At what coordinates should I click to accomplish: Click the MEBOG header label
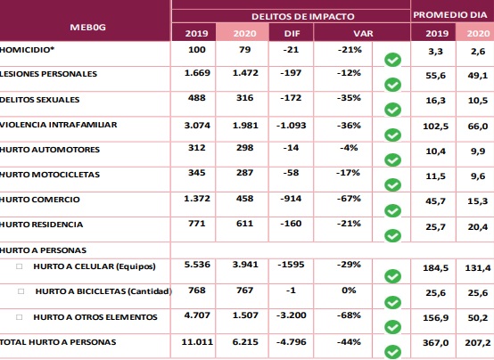click(87, 28)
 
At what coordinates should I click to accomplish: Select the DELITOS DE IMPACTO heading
click(303, 16)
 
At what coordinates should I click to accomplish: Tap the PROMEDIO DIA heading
click(450, 15)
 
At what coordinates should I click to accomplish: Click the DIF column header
click(292, 33)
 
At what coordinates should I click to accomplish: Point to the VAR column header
click(363, 33)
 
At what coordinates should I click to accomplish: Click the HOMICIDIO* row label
click(27, 50)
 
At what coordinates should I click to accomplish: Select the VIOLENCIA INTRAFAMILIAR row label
click(59, 125)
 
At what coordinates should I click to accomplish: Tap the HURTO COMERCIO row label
click(40, 200)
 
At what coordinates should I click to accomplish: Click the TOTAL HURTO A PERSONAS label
click(58, 342)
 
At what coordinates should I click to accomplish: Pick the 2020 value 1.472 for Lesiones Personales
click(245, 73)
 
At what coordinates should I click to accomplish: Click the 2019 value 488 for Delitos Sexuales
click(196, 98)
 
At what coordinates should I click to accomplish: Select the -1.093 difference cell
click(291, 126)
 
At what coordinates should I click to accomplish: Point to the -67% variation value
click(349, 199)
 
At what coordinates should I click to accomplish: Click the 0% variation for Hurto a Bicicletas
click(349, 290)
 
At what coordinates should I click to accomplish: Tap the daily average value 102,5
click(436, 127)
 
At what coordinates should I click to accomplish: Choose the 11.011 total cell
click(197, 341)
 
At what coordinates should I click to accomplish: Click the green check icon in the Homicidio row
click(392, 60)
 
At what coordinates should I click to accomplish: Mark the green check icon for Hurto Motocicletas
click(392, 184)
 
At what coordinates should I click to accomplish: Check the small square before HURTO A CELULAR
click(20, 266)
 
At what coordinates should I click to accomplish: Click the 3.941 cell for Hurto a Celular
click(245, 265)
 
